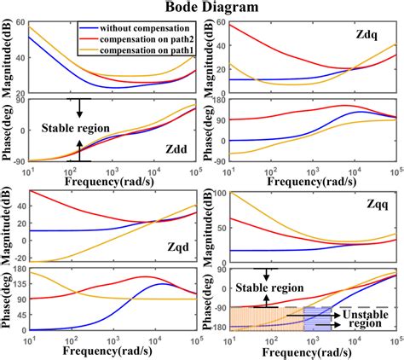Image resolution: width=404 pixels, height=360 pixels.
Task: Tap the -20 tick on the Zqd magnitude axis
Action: pos(19,259)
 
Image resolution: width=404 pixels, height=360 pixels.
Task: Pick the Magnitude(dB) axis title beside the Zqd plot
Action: pos(7,227)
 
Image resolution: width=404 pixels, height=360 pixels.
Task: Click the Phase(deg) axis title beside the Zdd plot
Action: pos(7,132)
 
